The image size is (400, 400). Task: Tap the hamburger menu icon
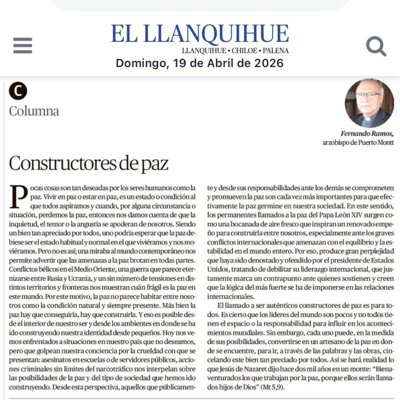(23, 46)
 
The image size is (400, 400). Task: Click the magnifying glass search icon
(376, 46)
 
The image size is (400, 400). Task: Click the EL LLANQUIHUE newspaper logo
(200, 34)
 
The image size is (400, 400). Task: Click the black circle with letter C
(18, 91)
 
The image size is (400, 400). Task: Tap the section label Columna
(34, 111)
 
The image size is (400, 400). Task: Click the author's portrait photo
(369, 104)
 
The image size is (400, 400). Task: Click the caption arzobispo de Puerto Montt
(358, 143)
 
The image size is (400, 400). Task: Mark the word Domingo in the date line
(139, 63)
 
